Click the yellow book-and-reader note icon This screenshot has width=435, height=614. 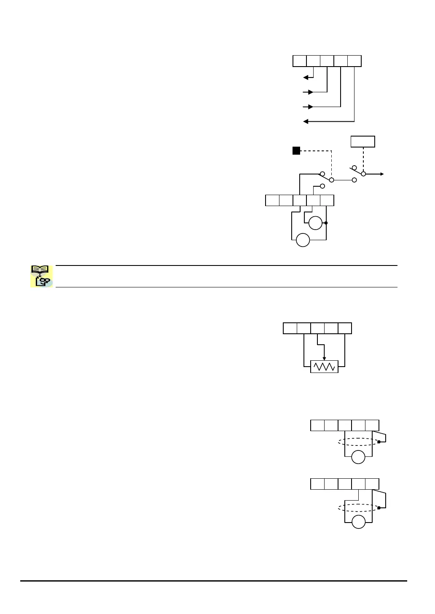point(41,276)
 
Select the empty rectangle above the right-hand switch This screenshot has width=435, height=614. point(363,142)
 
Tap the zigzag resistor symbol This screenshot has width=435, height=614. point(324,367)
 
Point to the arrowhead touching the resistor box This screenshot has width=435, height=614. point(324,358)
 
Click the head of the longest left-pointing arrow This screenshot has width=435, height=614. point(305,122)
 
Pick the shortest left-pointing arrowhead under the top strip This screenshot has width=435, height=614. point(305,78)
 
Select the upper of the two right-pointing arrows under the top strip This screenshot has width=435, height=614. point(311,92)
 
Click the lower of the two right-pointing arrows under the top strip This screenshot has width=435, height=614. point(311,107)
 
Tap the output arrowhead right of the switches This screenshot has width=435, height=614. point(381,174)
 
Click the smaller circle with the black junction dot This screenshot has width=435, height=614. point(315,223)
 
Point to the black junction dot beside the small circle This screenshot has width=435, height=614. point(327,223)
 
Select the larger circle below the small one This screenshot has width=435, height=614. point(303,240)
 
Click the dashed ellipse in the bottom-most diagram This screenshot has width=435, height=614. point(358,508)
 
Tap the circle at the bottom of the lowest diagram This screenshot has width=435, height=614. point(359,522)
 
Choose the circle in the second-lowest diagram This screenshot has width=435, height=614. point(358,457)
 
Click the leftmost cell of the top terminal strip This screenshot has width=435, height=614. point(300,61)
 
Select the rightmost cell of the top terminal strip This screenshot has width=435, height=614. point(354,61)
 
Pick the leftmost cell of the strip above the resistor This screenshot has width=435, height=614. point(290,328)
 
